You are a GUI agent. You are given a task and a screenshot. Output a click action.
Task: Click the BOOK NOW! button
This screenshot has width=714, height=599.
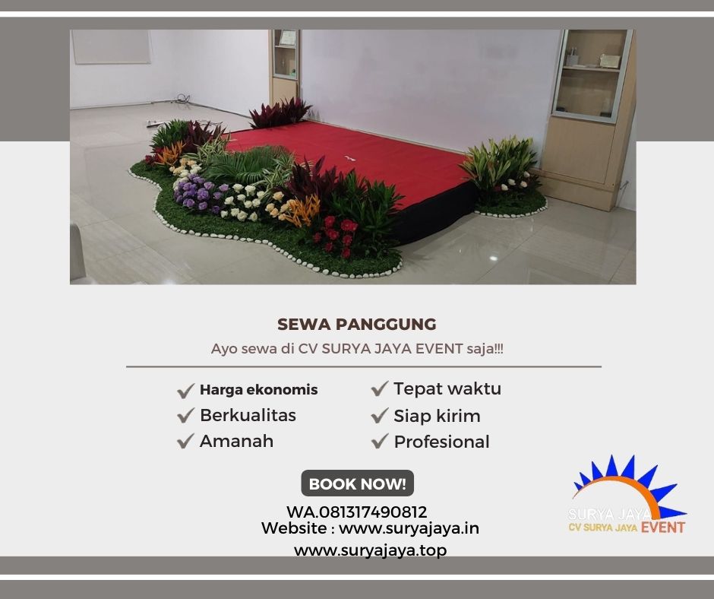point(357,483)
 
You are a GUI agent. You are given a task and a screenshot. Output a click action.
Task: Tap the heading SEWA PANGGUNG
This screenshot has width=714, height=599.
point(357,325)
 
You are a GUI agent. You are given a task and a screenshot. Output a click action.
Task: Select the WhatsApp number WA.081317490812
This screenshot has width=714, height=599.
point(356,512)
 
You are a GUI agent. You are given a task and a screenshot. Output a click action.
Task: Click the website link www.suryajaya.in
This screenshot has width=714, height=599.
point(409,528)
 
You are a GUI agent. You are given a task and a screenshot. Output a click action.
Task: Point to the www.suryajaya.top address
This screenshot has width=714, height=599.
point(370,550)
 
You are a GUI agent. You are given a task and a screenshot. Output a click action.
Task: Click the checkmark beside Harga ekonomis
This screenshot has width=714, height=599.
point(185,391)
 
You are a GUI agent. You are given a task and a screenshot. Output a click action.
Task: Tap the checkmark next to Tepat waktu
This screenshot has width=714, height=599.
point(380,389)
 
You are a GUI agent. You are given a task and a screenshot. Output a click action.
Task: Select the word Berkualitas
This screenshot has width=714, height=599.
point(248,416)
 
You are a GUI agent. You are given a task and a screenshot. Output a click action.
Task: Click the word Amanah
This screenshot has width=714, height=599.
point(236,442)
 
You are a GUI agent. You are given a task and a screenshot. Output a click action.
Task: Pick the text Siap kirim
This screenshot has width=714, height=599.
point(437,417)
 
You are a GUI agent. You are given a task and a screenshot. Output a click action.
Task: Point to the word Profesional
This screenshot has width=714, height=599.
point(441,442)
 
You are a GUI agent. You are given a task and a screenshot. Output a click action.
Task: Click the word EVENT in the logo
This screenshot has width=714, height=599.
point(662,528)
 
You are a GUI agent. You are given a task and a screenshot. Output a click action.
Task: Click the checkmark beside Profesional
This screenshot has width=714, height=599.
point(380,442)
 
